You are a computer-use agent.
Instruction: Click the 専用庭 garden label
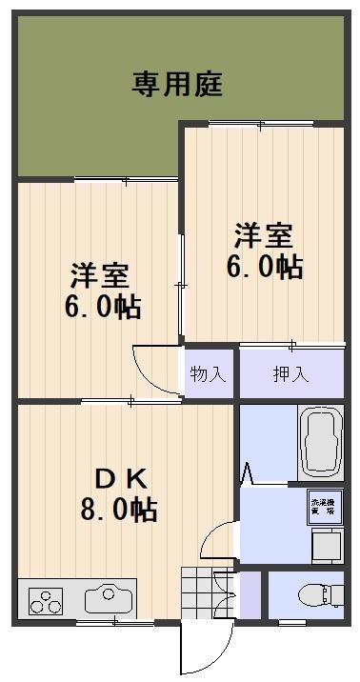[x=177, y=85]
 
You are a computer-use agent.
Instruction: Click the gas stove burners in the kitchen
[x=45, y=601]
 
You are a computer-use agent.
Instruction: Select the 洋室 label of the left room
[x=98, y=277]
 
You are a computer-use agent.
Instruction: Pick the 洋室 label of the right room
[x=264, y=234]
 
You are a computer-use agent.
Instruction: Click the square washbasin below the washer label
[x=323, y=547]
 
